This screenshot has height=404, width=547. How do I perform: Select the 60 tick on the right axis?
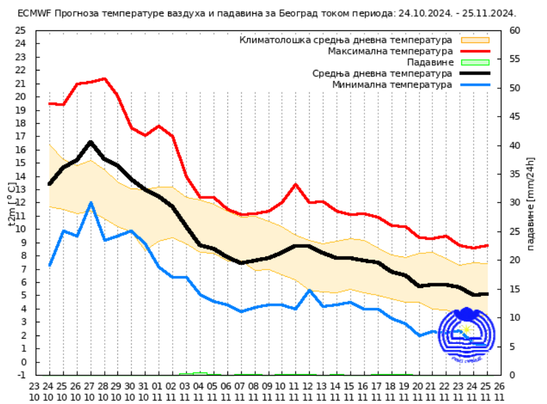515,30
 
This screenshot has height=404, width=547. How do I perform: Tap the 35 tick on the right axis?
515,174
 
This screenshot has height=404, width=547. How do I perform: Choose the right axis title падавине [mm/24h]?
531,202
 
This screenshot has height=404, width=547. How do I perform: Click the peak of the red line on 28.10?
104,79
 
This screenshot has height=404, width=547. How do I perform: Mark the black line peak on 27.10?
91,142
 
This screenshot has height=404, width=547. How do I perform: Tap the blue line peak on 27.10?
91,202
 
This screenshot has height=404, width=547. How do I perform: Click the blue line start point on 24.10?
50,265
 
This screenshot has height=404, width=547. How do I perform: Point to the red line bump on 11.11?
296,185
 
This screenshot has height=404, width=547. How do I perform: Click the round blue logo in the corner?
467,336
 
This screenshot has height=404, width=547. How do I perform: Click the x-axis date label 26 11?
500,391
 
